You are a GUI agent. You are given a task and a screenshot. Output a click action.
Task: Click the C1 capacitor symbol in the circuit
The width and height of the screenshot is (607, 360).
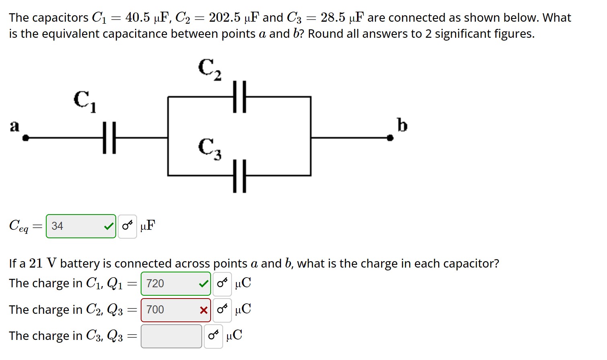pos(109,138)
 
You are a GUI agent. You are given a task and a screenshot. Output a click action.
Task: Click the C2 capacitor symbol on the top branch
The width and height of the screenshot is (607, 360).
pos(239,97)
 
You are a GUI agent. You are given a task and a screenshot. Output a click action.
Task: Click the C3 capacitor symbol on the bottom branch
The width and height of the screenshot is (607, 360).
pos(239,176)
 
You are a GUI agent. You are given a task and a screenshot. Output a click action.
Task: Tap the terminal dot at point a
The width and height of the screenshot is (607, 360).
pos(26,138)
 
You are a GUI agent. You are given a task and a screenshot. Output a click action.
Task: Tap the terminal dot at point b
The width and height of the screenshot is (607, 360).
pos(390,138)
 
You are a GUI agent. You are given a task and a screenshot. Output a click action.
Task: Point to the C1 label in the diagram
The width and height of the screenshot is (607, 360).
pos(84,101)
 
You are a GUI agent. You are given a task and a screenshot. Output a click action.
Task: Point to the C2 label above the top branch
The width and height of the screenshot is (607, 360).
pos(209,69)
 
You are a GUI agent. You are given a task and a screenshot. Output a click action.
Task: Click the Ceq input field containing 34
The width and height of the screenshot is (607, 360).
pos(76,226)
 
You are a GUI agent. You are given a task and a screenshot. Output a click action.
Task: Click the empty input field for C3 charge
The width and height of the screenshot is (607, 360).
pos(171,336)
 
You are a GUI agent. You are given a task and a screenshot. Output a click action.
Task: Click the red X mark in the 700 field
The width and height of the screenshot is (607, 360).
pos(204,310)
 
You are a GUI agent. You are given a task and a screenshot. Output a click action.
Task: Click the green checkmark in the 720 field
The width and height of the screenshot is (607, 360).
pos(204,284)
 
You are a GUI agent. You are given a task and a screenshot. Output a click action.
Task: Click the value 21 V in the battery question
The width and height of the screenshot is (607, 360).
pos(43,264)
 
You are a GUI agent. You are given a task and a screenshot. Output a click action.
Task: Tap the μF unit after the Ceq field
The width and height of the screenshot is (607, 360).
pos(148,226)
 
